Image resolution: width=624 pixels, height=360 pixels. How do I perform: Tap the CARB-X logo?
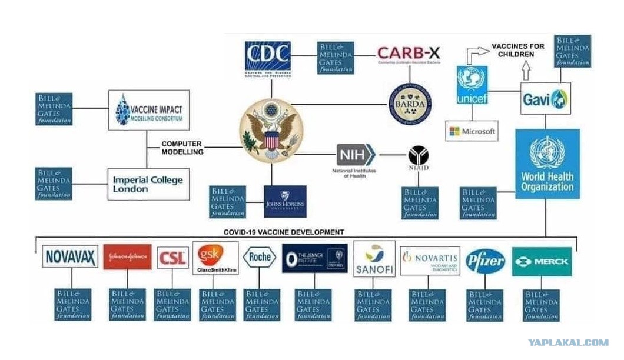pyautogui.click(x=409, y=55)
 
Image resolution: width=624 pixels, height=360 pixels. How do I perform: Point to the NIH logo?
pyautogui.click(x=356, y=155)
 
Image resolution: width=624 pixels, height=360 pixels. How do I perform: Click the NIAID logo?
pyautogui.click(x=419, y=158)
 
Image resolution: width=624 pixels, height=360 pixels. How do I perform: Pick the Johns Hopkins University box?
pyautogui.click(x=285, y=201)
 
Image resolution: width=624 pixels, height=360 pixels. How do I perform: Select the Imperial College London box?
pyautogui.click(x=148, y=184)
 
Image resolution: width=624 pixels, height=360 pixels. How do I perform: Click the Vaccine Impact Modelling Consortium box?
pyautogui.click(x=149, y=110)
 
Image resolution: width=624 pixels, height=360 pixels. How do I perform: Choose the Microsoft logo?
pyautogui.click(x=472, y=131)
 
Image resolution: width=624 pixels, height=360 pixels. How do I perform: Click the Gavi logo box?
pyautogui.click(x=546, y=98)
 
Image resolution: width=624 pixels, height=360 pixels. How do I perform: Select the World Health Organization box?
pyautogui.click(x=547, y=164)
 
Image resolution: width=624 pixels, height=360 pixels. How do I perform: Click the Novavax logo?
pyautogui.click(x=70, y=256)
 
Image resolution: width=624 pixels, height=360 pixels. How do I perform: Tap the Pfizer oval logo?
pyautogui.click(x=486, y=261)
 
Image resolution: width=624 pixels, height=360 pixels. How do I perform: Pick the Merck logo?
pyautogui.click(x=542, y=261)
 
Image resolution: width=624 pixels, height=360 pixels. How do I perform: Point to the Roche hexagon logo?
pyautogui.click(x=260, y=257)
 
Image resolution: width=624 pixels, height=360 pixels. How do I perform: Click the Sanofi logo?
pyautogui.click(x=374, y=259)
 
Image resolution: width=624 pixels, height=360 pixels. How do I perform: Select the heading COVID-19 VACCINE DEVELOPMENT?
pyautogui.click(x=284, y=232)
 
